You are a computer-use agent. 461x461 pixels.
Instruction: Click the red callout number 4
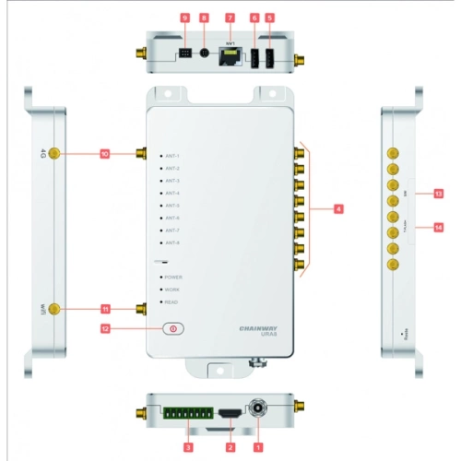pos(338,210)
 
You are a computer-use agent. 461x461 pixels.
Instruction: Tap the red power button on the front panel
pos(172,327)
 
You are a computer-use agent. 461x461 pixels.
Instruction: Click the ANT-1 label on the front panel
pos(172,157)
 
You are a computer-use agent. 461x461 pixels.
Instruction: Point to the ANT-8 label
pos(172,242)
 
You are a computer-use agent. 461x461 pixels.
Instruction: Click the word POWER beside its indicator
pos(173,277)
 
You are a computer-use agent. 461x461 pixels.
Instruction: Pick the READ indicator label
pos(172,301)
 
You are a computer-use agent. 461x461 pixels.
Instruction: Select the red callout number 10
pos(106,154)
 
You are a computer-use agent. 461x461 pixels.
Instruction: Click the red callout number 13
pos(438,194)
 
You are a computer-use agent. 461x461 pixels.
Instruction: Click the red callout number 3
pos(189,446)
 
